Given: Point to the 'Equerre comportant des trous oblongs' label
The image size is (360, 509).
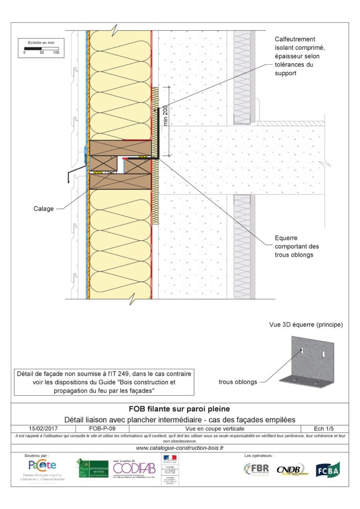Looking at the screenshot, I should [x=297, y=246].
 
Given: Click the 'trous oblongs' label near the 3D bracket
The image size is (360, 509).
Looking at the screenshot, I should [x=239, y=382].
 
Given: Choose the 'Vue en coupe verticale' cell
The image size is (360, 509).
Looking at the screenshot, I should [x=211, y=427].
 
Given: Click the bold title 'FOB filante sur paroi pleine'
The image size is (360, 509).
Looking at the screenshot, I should [x=180, y=410].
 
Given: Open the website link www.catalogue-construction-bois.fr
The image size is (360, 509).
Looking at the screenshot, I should [x=180, y=448].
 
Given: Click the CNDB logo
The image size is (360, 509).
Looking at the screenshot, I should [x=290, y=469].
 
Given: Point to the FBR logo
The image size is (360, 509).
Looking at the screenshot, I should [x=257, y=469].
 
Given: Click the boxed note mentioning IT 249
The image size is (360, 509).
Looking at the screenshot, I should [x=103, y=382].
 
